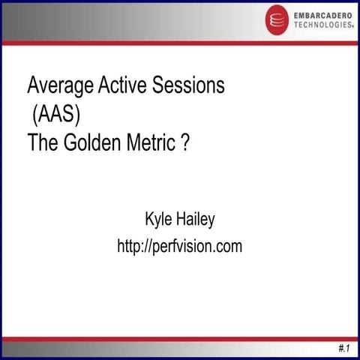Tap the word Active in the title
click(123, 85)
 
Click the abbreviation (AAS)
click(56, 115)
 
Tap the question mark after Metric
click(184, 142)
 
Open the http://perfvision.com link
click(180, 246)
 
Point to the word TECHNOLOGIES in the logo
click(321, 25)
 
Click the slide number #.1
click(343, 349)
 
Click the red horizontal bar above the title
click(180, 43)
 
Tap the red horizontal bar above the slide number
click(180, 339)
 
